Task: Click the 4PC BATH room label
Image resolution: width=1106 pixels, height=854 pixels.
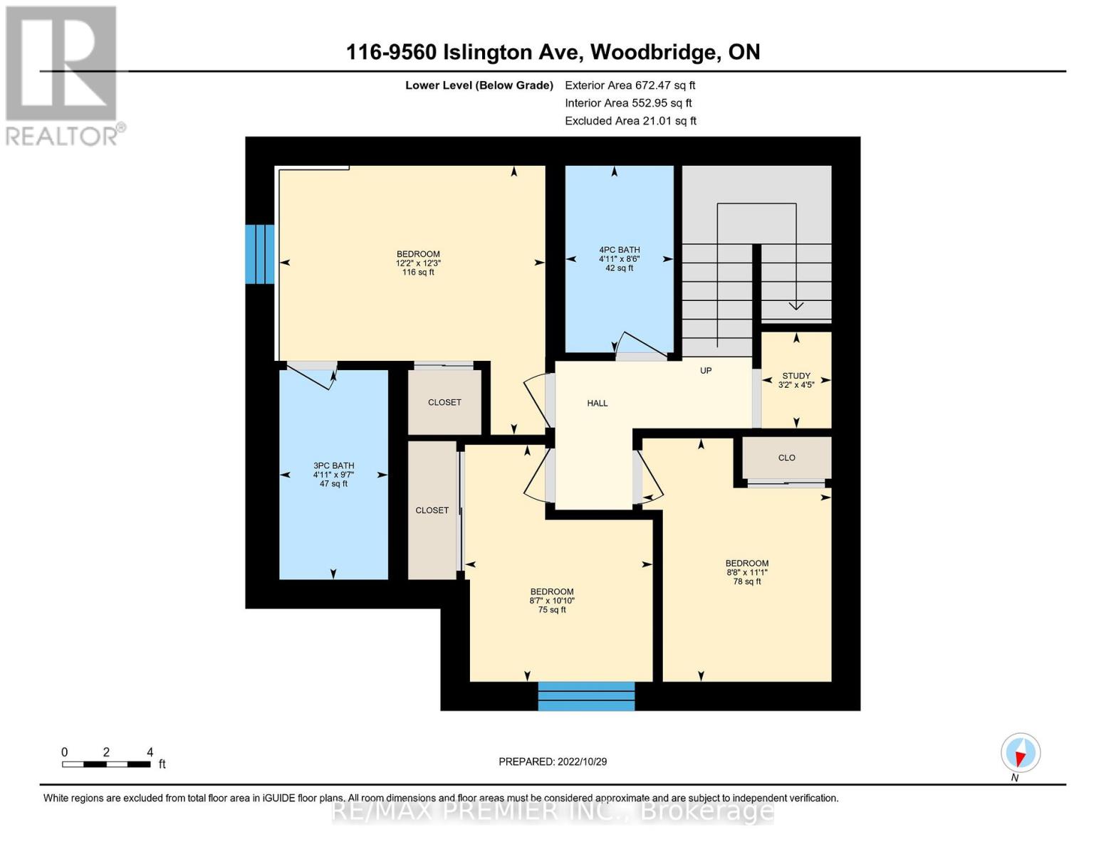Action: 619,250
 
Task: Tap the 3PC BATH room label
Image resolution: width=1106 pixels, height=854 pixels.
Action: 333,465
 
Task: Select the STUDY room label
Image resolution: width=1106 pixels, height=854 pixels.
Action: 796,376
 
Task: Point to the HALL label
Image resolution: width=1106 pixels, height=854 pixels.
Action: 597,404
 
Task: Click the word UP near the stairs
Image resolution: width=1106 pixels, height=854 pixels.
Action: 706,371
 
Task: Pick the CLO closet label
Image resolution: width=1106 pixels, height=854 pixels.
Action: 786,458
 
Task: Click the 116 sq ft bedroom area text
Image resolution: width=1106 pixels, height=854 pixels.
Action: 418,272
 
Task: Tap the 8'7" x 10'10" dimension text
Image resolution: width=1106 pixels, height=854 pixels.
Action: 552,601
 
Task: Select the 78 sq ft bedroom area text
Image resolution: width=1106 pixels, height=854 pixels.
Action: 746,581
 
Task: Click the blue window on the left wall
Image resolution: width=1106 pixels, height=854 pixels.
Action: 259,254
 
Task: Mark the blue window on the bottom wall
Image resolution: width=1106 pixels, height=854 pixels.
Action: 586,696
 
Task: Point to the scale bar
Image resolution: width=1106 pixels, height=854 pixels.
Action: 106,764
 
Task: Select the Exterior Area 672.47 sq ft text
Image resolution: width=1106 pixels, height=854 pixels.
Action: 630,85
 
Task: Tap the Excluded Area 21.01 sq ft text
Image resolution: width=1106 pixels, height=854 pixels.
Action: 630,121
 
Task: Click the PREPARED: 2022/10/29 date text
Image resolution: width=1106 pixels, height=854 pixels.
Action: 553,761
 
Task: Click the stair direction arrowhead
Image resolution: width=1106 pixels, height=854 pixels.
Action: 796,306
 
